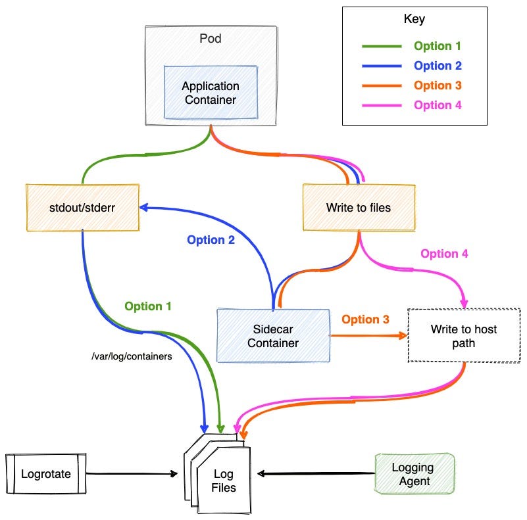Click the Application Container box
coord(211,93)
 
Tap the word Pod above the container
coord(210,39)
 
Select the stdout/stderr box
coord(83,207)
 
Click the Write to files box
coord(359,208)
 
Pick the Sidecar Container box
coord(273,335)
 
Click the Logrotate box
coord(45,473)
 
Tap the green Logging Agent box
coord(413,473)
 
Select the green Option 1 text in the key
coord(438,46)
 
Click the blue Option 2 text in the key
coord(438,66)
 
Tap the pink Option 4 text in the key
coord(438,105)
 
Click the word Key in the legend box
coord(414,19)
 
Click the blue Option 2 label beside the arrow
coord(211,240)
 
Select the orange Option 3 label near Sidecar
coord(365,319)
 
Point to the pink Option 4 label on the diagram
coord(444,254)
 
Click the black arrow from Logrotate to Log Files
coord(132,473)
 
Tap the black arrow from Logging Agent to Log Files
coord(316,473)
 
